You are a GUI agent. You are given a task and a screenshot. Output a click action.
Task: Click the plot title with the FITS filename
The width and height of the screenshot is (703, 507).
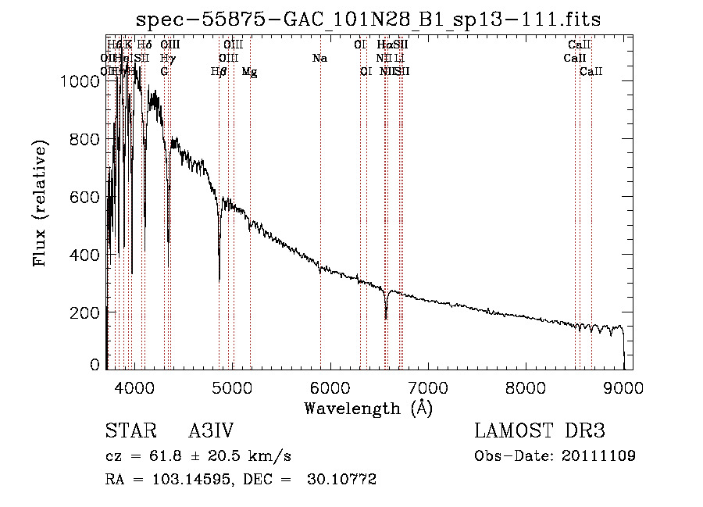[x=368, y=20]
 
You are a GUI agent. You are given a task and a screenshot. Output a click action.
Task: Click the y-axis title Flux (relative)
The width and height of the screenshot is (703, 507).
[x=39, y=203]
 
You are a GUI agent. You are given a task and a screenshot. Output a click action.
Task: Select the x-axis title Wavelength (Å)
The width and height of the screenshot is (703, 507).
[x=368, y=408]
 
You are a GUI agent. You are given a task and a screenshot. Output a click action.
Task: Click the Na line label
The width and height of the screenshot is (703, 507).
[x=319, y=59]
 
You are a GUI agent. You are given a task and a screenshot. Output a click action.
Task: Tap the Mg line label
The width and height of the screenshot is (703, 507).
[x=249, y=72]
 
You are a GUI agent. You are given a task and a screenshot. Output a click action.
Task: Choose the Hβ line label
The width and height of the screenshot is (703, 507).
[x=219, y=72]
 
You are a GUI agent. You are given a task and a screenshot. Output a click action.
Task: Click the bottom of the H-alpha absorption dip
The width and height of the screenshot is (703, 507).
[x=386, y=318]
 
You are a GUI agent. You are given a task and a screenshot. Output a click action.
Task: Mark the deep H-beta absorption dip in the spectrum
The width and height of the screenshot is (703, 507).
[x=219, y=277]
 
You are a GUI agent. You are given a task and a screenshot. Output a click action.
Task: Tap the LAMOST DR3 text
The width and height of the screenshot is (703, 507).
[x=540, y=432]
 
